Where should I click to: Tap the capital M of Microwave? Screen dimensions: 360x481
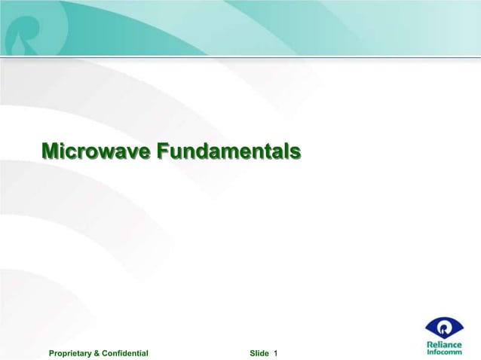pyautogui.click(x=51, y=151)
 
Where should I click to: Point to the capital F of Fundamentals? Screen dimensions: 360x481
pyautogui.click(x=163, y=151)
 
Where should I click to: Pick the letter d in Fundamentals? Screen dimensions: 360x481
pyautogui.click(x=208, y=151)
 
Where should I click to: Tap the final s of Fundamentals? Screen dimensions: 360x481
pyautogui.click(x=296, y=151)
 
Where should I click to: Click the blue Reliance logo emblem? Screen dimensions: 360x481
pyautogui.click(x=445, y=327)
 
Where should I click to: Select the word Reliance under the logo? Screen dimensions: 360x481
pyautogui.click(x=445, y=343)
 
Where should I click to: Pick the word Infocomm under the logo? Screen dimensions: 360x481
pyautogui.click(x=445, y=352)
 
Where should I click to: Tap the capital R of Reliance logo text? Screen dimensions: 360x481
pyautogui.click(x=430, y=343)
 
